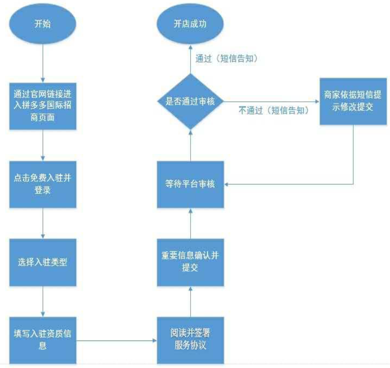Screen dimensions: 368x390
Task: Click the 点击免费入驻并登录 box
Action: click(x=43, y=184)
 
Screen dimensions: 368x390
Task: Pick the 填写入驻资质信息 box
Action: click(x=43, y=340)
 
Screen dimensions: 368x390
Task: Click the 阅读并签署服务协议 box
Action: click(x=190, y=340)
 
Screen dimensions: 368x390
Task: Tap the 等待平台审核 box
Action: click(x=190, y=184)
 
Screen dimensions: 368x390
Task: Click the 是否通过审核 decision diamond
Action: click(x=190, y=102)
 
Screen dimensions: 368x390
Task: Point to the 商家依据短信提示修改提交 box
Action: click(x=353, y=102)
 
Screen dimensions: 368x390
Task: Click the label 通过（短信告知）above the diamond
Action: click(x=225, y=59)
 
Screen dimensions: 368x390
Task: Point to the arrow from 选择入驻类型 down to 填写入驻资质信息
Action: click(x=43, y=302)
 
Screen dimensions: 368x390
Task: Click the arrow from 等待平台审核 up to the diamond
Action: click(x=190, y=145)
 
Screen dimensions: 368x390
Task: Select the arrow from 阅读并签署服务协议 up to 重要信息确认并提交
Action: click(x=190, y=301)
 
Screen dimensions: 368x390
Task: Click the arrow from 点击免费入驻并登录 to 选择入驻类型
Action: click(x=43, y=224)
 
